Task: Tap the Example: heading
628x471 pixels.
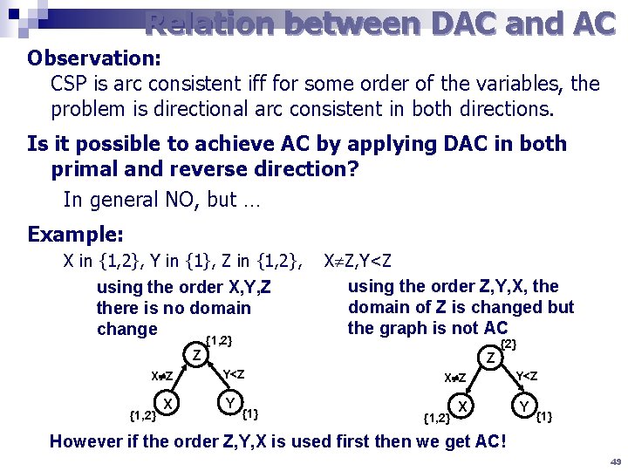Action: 75,235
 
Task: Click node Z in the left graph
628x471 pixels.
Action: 198,355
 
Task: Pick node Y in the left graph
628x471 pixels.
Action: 229,403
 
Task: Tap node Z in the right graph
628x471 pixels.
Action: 492,357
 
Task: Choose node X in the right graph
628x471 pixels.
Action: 464,406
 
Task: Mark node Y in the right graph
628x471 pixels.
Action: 525,406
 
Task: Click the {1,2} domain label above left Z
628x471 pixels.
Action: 218,340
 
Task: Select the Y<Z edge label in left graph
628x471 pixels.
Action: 234,374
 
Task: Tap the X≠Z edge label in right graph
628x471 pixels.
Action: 454,378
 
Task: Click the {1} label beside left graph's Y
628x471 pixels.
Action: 252,413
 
